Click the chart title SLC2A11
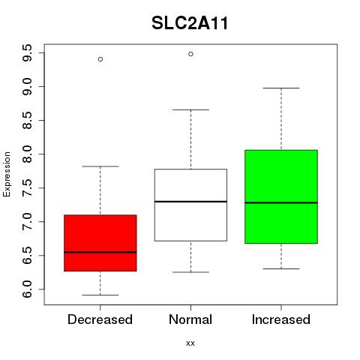pos(190,23)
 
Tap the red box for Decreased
pos(100,243)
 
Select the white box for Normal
pos(190,205)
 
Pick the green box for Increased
pos(281,196)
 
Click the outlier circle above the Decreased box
pos(100,59)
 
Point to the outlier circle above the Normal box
pos(190,54)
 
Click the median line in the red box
pos(100,252)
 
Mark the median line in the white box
pos(190,202)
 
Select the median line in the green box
pos(281,202)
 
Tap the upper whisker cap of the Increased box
pos(281,88)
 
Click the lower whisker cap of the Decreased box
pos(100,295)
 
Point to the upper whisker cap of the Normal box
pos(190,109)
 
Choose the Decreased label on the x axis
pos(100,319)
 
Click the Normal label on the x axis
pos(190,319)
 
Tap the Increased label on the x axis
pos(281,319)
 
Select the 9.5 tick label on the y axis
pos(27,52)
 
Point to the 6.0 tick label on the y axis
pos(27,289)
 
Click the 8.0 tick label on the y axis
pos(27,154)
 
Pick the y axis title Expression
pos(7,174)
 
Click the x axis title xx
pos(190,343)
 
